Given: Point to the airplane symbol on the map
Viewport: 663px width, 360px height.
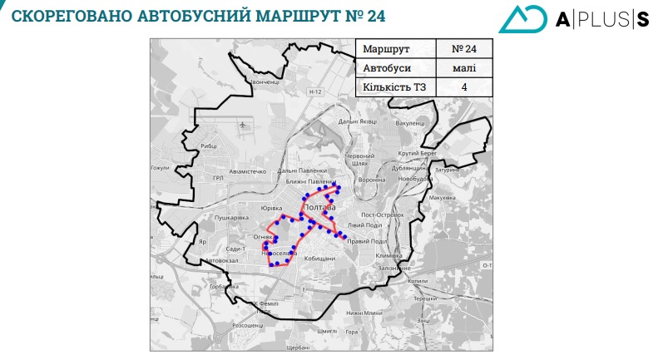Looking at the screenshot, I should click(244, 126).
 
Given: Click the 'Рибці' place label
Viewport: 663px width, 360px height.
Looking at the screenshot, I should click(208, 145).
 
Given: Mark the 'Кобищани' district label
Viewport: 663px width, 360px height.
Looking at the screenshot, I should click(319, 259).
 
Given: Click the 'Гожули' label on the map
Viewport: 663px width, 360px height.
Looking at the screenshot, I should click(159, 168).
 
